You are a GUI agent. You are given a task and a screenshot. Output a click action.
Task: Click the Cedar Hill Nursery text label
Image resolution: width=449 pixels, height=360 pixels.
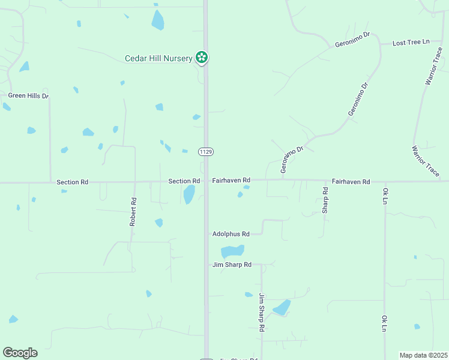point(158,58)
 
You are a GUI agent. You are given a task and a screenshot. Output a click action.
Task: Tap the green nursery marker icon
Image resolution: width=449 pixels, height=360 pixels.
point(203,58)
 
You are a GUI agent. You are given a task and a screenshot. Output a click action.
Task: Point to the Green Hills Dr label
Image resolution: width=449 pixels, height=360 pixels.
point(28,95)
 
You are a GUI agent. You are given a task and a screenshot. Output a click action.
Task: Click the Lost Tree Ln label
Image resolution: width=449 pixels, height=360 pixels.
point(411,43)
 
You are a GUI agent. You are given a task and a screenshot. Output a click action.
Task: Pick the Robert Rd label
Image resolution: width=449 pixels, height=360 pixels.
point(133,212)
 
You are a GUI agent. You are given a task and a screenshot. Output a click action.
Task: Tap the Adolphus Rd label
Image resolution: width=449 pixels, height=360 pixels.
point(231,234)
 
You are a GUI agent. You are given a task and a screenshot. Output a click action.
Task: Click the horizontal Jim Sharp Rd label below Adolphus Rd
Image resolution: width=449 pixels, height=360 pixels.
point(231,265)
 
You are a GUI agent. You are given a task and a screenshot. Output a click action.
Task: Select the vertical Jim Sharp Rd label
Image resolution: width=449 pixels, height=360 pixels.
point(262,312)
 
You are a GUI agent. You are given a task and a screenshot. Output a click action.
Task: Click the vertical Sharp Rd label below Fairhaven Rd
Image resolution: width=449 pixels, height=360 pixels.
point(325,200)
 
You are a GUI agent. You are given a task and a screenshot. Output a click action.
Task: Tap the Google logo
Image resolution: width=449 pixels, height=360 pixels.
point(20,353)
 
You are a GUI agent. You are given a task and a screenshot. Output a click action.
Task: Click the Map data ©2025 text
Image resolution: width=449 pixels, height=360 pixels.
point(423,355)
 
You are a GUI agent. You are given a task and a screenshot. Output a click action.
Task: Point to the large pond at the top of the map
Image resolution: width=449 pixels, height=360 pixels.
point(158,20)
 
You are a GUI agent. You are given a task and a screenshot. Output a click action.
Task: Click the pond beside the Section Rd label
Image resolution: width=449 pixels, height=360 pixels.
point(188,194)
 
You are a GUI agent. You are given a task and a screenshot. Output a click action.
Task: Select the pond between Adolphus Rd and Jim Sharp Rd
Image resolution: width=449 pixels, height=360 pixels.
point(232,251)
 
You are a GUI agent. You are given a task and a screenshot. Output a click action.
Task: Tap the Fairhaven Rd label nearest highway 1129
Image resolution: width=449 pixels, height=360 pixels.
point(231,180)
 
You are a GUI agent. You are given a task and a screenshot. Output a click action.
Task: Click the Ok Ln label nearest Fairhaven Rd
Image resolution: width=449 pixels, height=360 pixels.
point(385,196)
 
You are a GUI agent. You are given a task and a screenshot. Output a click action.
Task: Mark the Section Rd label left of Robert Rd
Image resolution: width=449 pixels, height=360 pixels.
point(72,182)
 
